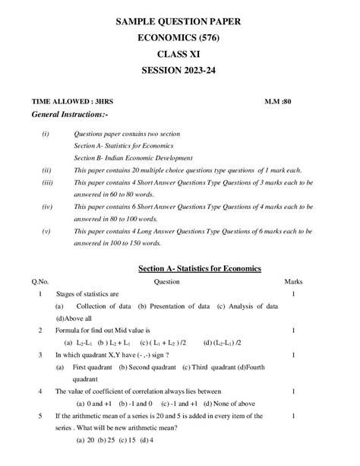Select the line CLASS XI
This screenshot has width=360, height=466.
click(178, 54)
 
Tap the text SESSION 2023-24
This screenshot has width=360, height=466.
click(178, 71)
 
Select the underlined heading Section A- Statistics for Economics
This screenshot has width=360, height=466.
click(199, 268)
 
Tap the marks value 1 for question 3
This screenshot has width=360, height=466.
click(293, 354)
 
